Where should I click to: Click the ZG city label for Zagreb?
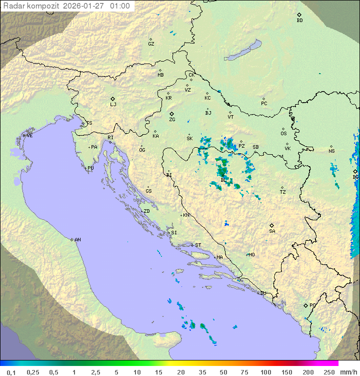click(x=172, y=120)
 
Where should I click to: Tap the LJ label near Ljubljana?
click(x=113, y=105)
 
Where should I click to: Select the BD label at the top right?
click(x=299, y=21)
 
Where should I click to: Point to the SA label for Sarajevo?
click(x=272, y=231)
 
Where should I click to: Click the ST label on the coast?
click(x=198, y=245)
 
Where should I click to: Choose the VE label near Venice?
click(x=29, y=136)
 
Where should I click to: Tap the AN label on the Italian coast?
click(x=77, y=240)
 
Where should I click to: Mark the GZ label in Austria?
click(x=151, y=44)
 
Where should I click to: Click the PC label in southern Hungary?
click(x=264, y=104)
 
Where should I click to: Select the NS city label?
click(x=331, y=151)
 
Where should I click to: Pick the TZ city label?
click(x=283, y=192)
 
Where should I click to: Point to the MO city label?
click(x=251, y=255)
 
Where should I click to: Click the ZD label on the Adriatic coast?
click(x=146, y=211)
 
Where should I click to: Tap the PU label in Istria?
click(x=90, y=168)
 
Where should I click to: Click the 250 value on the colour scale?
click(x=329, y=372)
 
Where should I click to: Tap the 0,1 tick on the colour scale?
click(x=11, y=372)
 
